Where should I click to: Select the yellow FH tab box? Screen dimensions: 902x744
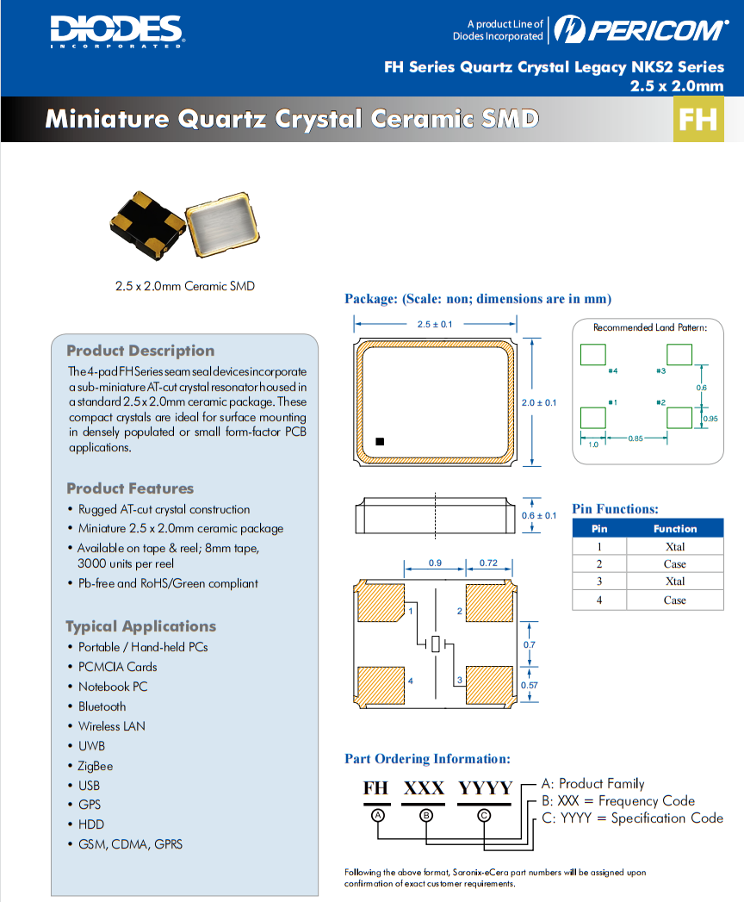[697, 119]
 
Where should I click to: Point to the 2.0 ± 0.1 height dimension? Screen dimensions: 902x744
[540, 402]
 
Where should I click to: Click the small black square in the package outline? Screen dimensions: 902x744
[380, 442]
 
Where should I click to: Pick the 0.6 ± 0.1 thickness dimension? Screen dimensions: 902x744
[540, 515]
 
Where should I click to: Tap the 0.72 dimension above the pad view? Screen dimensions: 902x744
[487, 564]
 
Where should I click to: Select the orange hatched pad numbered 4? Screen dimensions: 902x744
[379, 686]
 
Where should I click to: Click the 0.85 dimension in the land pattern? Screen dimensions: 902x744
[635, 439]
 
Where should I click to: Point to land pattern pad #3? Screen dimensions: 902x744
[679, 355]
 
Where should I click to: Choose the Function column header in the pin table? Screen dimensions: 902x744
[674, 529]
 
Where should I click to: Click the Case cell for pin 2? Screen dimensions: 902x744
[674, 564]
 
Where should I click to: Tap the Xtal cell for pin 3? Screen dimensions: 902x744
[674, 582]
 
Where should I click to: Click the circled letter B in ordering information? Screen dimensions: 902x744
[426, 814]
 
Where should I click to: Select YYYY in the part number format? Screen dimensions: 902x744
[485, 788]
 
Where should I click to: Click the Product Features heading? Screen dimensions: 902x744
[130, 488]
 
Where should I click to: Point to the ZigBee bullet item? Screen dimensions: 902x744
[96, 766]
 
